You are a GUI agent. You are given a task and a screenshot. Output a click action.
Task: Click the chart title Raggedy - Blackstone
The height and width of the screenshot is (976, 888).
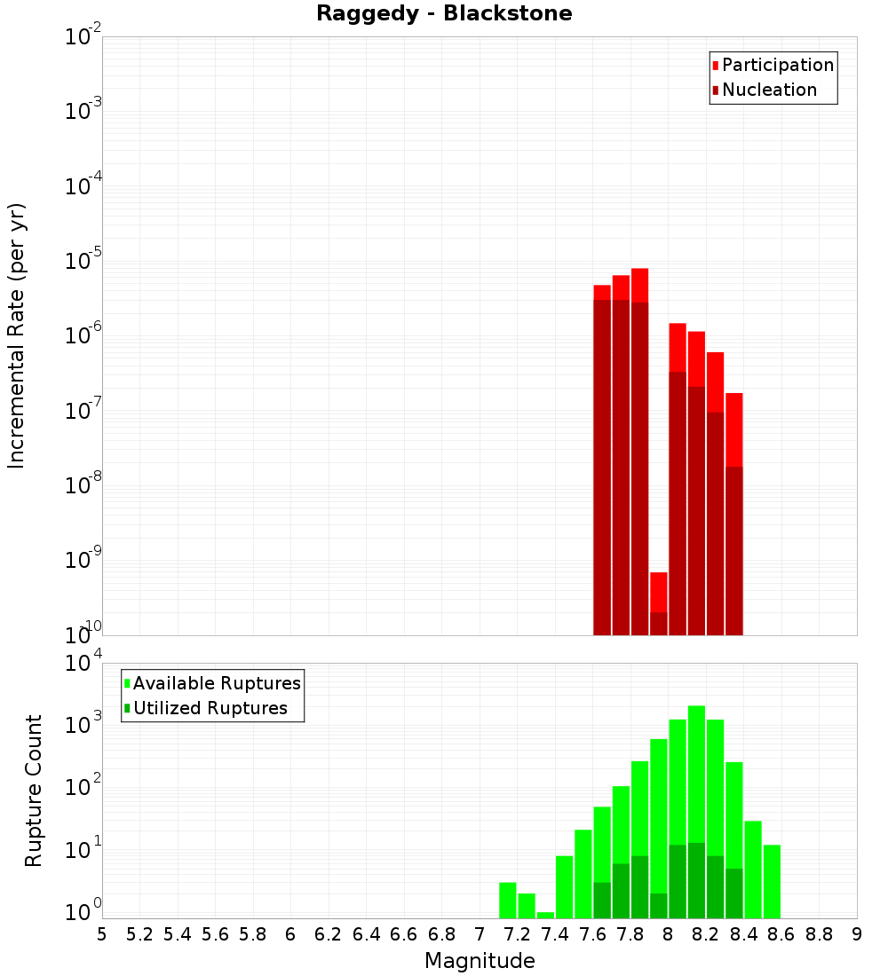(x=444, y=13)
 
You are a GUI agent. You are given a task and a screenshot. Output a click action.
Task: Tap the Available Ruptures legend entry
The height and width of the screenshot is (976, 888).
(x=217, y=683)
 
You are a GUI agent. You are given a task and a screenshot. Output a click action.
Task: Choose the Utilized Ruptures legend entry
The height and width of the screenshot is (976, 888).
(x=210, y=708)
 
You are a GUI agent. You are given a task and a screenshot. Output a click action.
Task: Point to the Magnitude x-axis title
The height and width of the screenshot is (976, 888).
(x=480, y=961)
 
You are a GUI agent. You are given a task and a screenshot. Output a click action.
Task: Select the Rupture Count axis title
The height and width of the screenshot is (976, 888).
(x=34, y=790)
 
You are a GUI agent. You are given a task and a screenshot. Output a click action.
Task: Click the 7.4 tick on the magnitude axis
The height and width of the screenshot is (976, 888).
(x=555, y=934)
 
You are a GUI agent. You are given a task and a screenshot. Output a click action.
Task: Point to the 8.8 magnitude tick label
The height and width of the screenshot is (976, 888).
(x=819, y=934)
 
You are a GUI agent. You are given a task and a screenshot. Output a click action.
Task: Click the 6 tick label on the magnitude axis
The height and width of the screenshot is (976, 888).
(x=290, y=934)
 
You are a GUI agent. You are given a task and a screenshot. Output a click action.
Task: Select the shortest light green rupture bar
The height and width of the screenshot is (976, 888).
(x=545, y=915)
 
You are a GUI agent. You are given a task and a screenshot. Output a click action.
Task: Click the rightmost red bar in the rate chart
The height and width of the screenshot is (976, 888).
(x=734, y=515)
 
